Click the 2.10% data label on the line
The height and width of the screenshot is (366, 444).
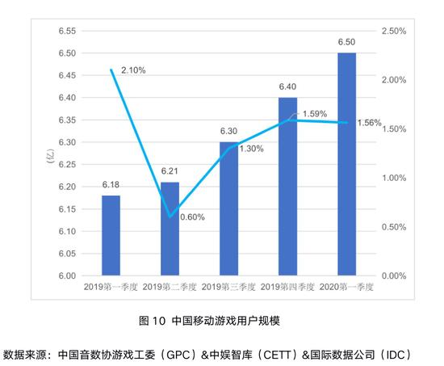coord(133,70)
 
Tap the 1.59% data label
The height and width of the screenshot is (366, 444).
coord(316,114)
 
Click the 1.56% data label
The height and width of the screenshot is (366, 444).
coord(368,122)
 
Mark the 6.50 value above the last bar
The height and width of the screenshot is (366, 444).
coord(346,42)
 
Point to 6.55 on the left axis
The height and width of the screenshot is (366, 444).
coord(67,31)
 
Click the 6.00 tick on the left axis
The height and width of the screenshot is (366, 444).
coord(67,276)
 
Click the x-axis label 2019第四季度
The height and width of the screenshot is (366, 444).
coord(287,288)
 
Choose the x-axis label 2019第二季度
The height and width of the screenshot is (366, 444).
coord(170,288)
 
